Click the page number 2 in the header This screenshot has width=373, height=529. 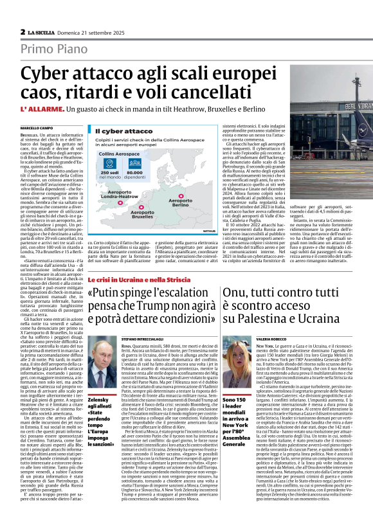click(x=23, y=31)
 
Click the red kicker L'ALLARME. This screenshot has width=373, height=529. click(x=42, y=111)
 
